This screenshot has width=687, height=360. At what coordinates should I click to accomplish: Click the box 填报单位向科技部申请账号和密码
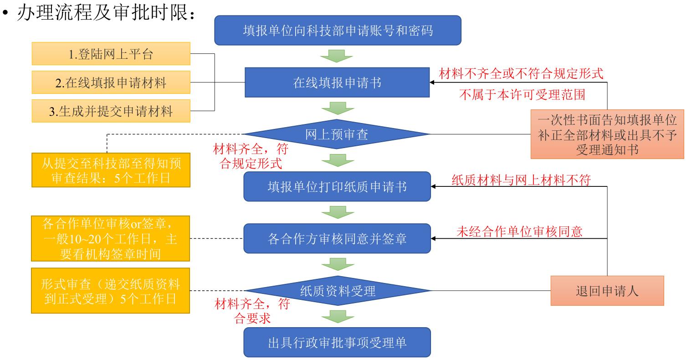[338, 31]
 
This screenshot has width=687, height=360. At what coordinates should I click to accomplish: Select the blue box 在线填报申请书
[338, 83]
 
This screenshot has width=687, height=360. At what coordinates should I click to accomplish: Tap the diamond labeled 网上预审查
[338, 134]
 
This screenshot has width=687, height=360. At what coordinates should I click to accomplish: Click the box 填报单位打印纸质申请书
[338, 187]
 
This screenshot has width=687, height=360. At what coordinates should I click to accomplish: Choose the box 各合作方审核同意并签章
[338, 238]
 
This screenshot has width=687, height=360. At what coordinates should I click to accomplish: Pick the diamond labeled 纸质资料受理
[338, 290]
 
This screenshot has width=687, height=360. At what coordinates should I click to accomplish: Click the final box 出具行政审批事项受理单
[338, 342]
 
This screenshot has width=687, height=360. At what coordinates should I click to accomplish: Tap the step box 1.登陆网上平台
[111, 55]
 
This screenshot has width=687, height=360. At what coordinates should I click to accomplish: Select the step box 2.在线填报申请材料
[111, 83]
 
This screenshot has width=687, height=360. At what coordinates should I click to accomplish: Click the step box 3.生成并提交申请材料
[111, 111]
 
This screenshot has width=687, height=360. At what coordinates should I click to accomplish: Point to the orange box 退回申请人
[607, 291]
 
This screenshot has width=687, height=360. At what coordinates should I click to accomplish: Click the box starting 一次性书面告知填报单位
[607, 134]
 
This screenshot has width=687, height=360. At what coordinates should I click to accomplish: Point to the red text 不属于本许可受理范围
[521, 95]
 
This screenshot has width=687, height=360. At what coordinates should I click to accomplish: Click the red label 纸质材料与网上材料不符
[521, 180]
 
